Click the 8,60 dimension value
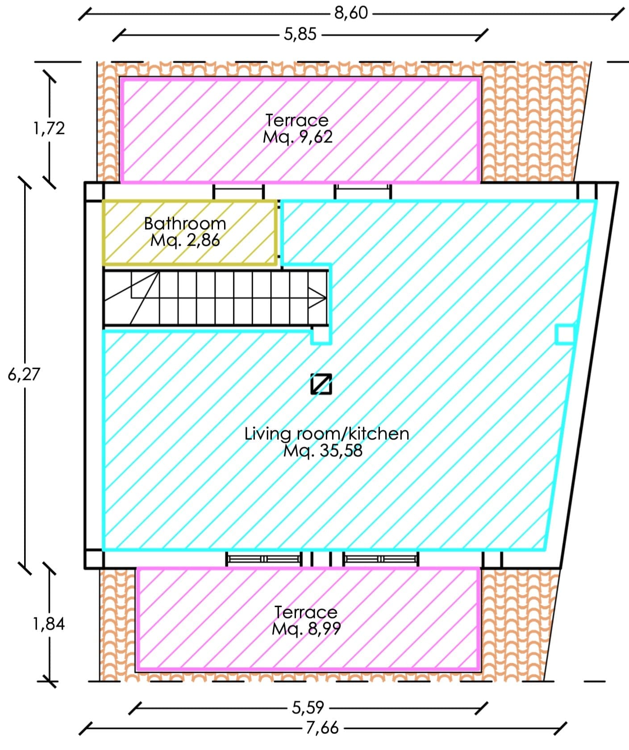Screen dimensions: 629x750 click(x=351, y=13)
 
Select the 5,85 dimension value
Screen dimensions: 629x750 click(x=300, y=34)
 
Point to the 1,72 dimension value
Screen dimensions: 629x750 click(x=49, y=129)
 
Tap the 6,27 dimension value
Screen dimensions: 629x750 click(x=24, y=374)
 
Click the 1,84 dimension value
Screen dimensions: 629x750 click(x=49, y=624)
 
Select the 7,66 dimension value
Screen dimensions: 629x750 click(x=322, y=728)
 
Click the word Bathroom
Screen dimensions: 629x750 click(x=185, y=223)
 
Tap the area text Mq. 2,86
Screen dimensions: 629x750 click(x=185, y=240)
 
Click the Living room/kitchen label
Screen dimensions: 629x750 click(x=327, y=433)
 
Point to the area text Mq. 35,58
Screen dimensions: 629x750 click(x=323, y=450)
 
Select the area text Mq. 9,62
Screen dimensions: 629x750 click(x=298, y=137)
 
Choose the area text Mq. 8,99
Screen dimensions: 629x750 click(x=306, y=629)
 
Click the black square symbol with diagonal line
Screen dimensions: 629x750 click(x=321, y=384)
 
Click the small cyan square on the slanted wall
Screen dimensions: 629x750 click(x=565, y=334)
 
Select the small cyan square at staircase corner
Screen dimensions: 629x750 click(x=321, y=336)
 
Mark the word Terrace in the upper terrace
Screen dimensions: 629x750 click(x=297, y=120)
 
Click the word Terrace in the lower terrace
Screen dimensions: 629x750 click(x=306, y=612)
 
